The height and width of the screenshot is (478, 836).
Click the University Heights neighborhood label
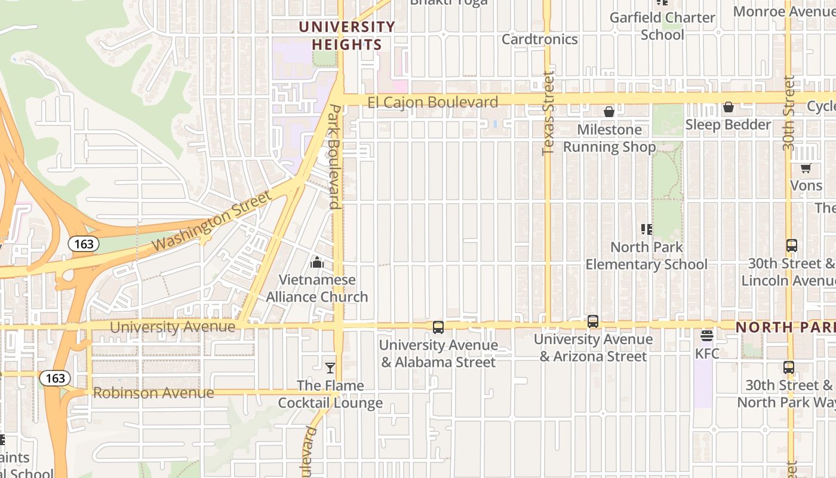pyautogui.click(x=347, y=36)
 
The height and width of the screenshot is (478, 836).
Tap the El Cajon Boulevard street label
pyautogui.click(x=432, y=102)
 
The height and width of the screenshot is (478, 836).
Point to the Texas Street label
pyautogui.click(x=548, y=114)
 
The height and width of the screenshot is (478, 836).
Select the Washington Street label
pyautogui.click(x=212, y=222)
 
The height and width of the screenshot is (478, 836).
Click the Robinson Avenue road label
pyautogui.click(x=153, y=393)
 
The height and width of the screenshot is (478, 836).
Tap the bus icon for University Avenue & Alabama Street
pyautogui.click(x=438, y=327)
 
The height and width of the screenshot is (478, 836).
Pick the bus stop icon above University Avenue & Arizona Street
pyautogui.click(x=593, y=321)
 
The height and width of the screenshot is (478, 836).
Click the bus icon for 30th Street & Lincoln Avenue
pyautogui.click(x=792, y=246)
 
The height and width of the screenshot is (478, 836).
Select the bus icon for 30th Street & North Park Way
pyautogui.click(x=789, y=367)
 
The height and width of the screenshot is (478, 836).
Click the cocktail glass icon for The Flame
pyautogui.click(x=330, y=368)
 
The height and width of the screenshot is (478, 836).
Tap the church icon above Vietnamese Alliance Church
pyautogui.click(x=317, y=262)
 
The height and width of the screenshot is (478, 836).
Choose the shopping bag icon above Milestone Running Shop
pyautogui.click(x=609, y=112)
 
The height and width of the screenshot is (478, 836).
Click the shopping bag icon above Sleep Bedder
pyautogui.click(x=729, y=107)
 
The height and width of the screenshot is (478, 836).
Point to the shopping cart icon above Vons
pyautogui.click(x=806, y=168)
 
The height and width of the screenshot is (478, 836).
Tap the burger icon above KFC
pyautogui.click(x=707, y=336)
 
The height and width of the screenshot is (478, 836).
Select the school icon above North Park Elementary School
pyautogui.click(x=646, y=229)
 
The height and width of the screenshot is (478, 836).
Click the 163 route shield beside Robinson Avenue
pyautogui.click(x=55, y=378)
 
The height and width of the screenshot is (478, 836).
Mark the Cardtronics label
pyautogui.click(x=540, y=39)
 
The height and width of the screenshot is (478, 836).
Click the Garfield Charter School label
pyautogui.click(x=662, y=26)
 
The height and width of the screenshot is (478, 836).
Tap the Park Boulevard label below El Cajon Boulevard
pyautogui.click(x=335, y=157)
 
